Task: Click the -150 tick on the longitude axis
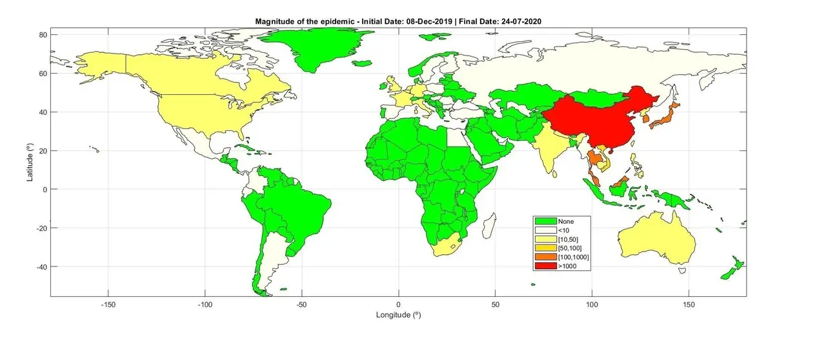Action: point(108,304)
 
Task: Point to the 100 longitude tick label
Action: point(592,304)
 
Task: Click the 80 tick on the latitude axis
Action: point(41,34)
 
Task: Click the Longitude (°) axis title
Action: point(399,315)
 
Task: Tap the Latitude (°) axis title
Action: point(30,163)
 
